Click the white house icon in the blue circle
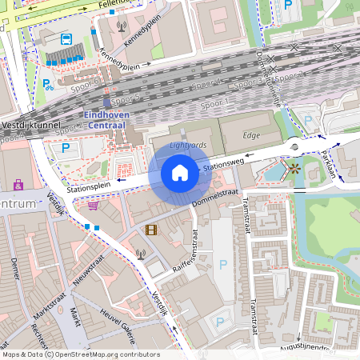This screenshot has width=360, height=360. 180,173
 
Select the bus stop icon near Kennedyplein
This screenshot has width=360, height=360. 65,38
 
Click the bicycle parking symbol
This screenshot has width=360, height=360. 47,83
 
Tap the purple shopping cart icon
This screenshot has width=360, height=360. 93,205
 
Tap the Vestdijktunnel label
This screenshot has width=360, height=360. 31,126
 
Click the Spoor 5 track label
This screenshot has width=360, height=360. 125,98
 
